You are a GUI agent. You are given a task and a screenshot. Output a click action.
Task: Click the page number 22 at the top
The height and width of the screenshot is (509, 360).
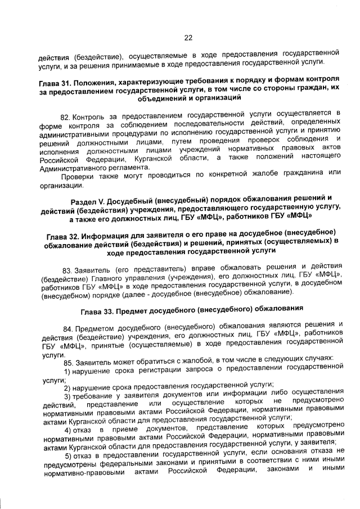click(x=188, y=38)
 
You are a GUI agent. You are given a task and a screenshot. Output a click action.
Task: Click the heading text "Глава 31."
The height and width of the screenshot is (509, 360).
click(x=57, y=82)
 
